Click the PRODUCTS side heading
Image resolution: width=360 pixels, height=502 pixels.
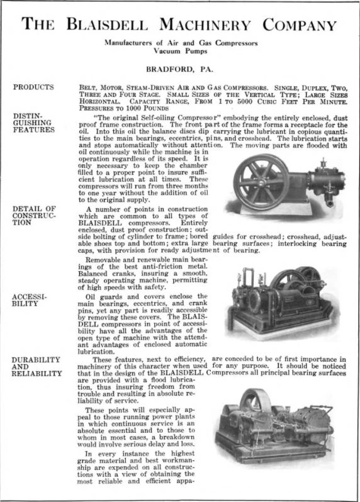[x=33, y=87]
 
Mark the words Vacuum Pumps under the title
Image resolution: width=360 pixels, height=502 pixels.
[x=180, y=53]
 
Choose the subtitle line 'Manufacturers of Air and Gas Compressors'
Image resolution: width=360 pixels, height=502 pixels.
[x=180, y=43]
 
